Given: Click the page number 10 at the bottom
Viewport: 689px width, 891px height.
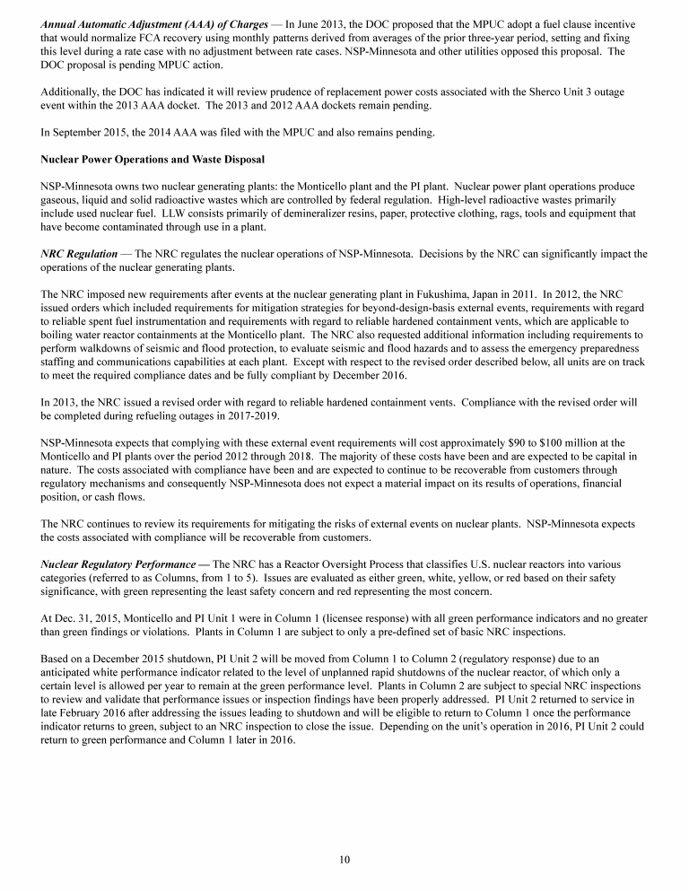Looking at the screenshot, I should click(x=344, y=860).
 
